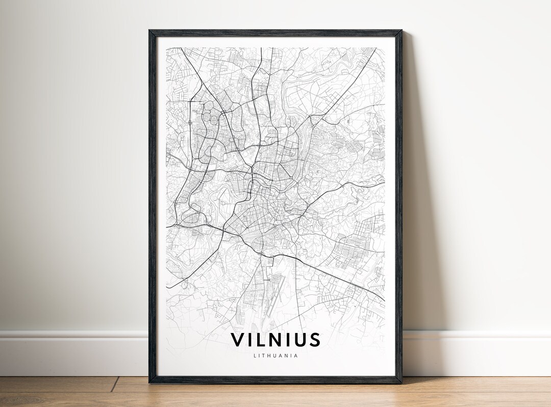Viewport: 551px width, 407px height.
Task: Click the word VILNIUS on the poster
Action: pos(275,340)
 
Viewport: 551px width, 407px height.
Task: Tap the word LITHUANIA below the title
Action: pos(275,356)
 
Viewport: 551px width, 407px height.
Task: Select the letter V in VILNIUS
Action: pos(238,340)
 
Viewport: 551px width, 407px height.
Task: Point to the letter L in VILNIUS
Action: pos(261,340)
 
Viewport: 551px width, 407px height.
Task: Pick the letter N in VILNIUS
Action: pos(276,340)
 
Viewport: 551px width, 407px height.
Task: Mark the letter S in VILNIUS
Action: pos(314,340)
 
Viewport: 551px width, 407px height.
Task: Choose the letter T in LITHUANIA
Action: pos(263,356)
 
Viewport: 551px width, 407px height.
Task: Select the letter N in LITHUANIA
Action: pos(287,356)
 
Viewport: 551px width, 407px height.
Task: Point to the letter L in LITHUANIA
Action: pos(254,356)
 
